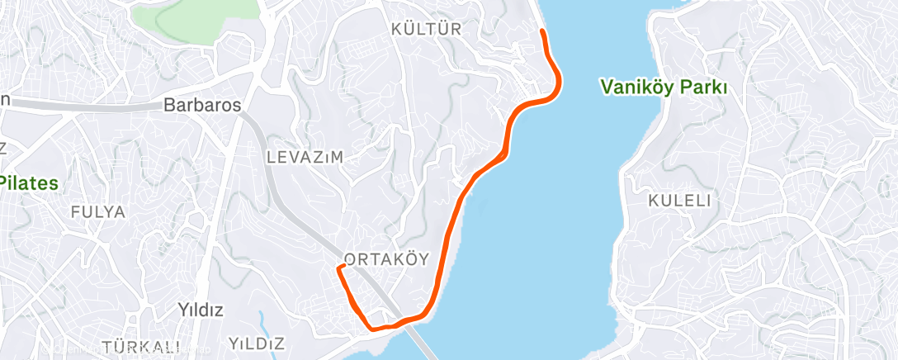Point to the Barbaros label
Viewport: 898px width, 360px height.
202,106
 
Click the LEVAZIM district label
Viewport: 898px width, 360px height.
305,156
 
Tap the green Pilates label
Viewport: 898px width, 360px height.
30,182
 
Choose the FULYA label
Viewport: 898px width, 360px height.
98,212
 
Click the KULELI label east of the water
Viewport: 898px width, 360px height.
680,201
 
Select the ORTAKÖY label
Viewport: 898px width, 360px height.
386,259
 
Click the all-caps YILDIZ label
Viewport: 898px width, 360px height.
257,343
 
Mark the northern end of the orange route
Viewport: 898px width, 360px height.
541,31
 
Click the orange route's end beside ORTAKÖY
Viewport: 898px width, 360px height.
339,268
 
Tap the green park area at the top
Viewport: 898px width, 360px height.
194,12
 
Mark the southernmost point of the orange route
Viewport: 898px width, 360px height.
376,329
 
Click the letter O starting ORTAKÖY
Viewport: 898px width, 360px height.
350,259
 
